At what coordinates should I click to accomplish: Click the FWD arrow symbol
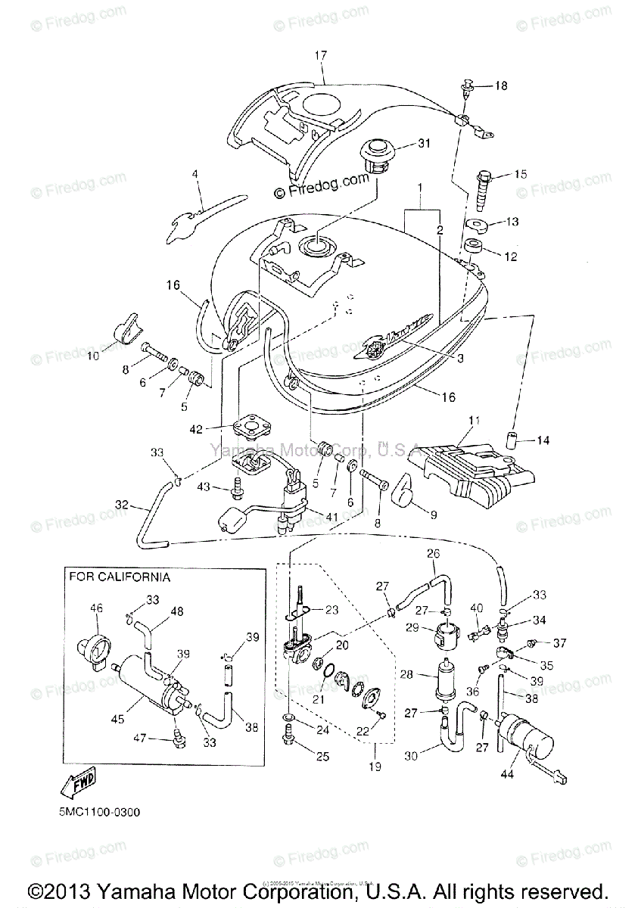pos(76,785)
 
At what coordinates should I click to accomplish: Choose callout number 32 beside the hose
pos(123,504)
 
